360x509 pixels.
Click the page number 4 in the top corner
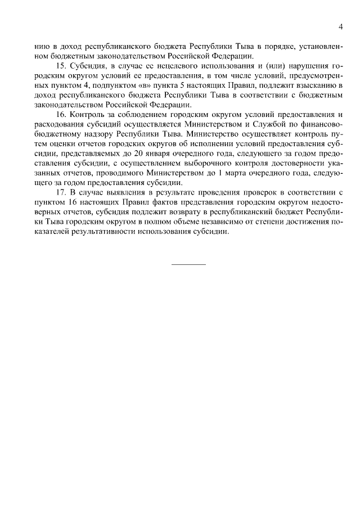coord(340,27)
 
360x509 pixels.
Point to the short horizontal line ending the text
coord(188,264)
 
